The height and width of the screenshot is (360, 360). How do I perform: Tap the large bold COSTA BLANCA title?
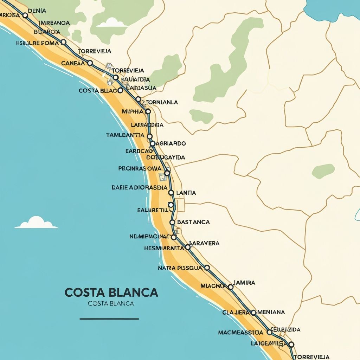coord(111,292)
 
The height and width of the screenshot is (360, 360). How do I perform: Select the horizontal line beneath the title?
coord(109,319)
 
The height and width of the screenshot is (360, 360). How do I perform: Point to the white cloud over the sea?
coord(37,223)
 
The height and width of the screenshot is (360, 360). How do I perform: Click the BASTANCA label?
coord(194,222)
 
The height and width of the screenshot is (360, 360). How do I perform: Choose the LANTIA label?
coord(186,193)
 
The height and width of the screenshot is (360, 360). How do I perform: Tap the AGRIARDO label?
coord(170,143)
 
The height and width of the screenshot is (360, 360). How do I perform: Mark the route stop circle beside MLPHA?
coord(148,111)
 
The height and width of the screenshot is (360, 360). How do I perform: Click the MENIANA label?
coord(271,312)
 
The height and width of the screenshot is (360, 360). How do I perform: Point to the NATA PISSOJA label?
coord(180,268)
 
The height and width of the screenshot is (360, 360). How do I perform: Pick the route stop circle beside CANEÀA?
coord(90,63)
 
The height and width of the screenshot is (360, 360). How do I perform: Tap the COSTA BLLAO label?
coord(98,90)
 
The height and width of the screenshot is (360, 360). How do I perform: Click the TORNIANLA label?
coord(161,102)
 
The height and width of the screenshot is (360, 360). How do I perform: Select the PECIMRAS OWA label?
coord(140,168)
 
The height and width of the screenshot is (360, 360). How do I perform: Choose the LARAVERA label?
coord(204,243)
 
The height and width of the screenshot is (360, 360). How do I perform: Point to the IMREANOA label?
coord(54,23)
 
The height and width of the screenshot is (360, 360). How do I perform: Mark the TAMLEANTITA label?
coord(125,135)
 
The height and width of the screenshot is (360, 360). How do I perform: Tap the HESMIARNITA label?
coord(164,248)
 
